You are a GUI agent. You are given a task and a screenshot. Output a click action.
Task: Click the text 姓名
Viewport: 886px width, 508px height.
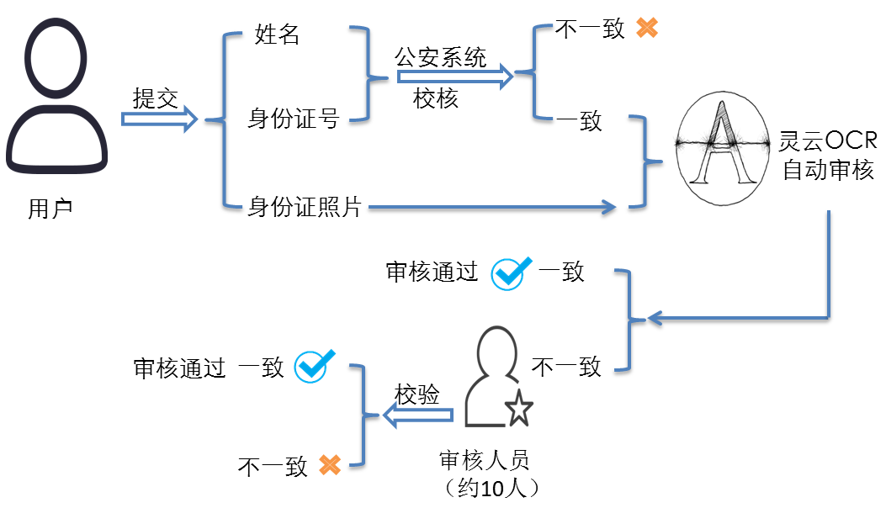(x=278, y=34)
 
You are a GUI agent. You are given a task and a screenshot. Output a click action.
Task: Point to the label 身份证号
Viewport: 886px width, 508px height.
(x=294, y=119)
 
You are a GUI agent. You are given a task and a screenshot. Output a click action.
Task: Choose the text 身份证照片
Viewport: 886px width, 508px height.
(x=305, y=206)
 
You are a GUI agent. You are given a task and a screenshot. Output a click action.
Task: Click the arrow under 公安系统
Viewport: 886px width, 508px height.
(x=455, y=78)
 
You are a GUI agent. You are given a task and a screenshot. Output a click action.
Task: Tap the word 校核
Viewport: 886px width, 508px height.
(x=436, y=98)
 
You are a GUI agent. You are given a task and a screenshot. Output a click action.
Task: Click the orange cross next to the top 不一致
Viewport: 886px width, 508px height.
(x=646, y=28)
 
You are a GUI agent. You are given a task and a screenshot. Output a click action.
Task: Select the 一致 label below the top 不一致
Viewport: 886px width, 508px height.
(x=580, y=120)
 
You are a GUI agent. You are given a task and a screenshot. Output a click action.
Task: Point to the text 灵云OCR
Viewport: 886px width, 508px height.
(x=829, y=140)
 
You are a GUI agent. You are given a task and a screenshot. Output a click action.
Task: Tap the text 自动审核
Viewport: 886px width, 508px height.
(x=829, y=171)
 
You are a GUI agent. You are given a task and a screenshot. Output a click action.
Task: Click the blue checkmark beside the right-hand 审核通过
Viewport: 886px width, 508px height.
(x=510, y=273)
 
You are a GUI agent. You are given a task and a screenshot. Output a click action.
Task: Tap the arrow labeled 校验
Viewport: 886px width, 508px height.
(x=419, y=415)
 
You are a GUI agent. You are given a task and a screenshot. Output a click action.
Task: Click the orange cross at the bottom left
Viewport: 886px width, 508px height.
(x=329, y=465)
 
